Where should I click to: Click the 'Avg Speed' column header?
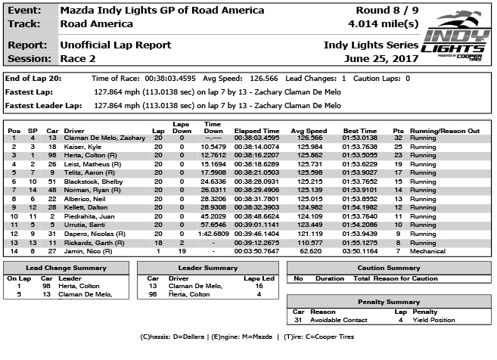(x=308, y=131)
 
